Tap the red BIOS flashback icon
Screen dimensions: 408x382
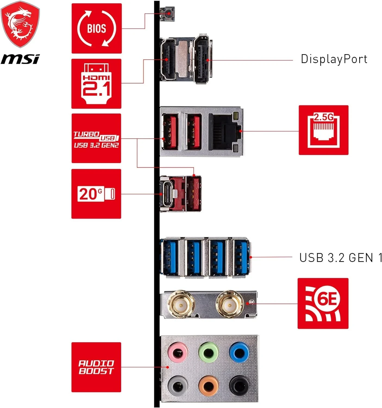point(96,28)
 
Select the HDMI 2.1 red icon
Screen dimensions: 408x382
point(96,84)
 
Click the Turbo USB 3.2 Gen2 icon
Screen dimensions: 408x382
point(96,138)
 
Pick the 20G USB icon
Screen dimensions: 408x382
point(96,194)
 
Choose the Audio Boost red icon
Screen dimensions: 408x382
point(96,367)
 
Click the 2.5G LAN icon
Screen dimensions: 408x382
point(324,130)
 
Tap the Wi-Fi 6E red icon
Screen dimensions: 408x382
point(323,303)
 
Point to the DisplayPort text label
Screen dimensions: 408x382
point(334,59)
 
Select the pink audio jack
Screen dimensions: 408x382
point(178,353)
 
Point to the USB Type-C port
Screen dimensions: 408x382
point(166,194)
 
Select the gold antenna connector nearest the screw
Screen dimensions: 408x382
point(229,304)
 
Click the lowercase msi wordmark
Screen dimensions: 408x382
point(20,59)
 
